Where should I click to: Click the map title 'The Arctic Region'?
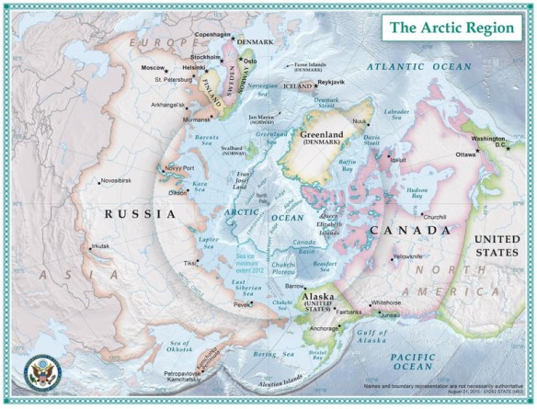[451, 28]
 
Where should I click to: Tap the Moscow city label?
[154, 68]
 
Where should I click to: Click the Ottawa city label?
[466, 155]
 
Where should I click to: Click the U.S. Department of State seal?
[40, 373]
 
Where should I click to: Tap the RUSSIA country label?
[140, 213]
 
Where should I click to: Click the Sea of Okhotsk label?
[181, 347]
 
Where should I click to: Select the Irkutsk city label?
[100, 246]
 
